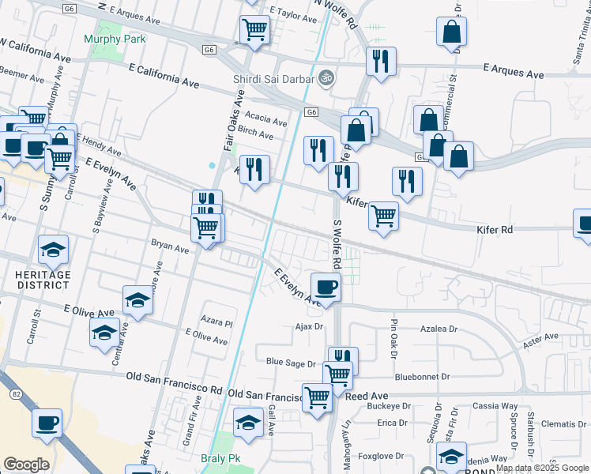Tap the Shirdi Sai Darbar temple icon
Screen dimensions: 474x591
[324, 78]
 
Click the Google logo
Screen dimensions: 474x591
[26, 465]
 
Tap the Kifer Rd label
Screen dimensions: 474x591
[495, 230]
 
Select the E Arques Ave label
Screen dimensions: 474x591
[514, 74]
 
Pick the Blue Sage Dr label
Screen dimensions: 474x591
[291, 363]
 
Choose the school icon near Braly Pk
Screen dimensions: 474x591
[248, 421]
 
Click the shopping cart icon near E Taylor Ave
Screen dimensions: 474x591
[254, 30]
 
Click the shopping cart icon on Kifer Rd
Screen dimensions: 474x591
[383, 215]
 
